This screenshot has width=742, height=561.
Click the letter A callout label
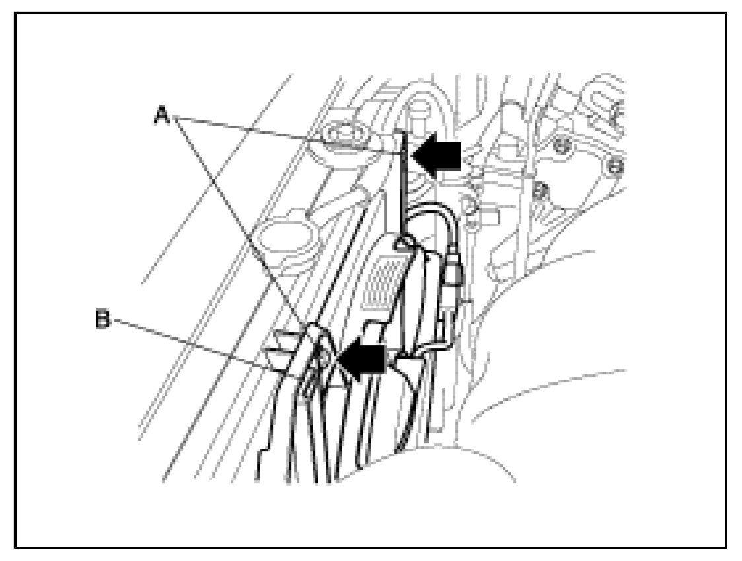click(x=161, y=116)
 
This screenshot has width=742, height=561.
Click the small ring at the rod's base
click(x=399, y=243)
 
